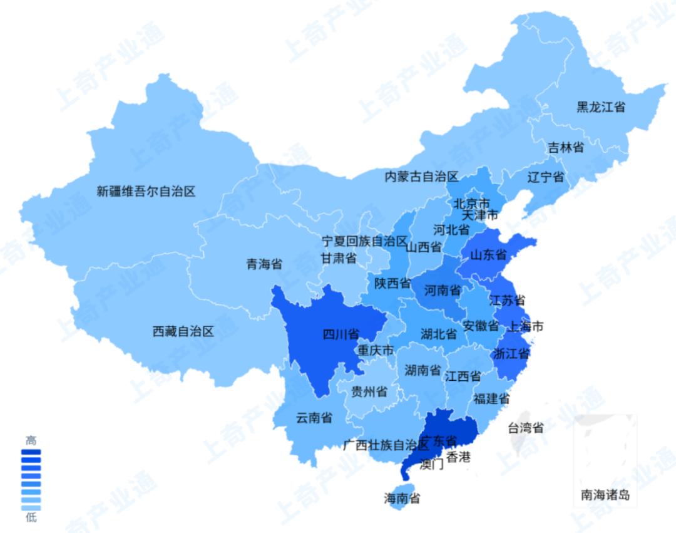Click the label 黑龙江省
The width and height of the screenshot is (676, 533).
click(601, 107)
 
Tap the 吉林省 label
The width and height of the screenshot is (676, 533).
click(566, 147)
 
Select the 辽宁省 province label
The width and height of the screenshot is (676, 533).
click(546, 177)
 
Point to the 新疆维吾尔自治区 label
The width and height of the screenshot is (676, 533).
click(146, 191)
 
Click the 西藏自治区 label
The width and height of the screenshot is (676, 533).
click(183, 331)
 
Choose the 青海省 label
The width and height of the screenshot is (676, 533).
click(264, 264)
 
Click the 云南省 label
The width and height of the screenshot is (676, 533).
click(314, 418)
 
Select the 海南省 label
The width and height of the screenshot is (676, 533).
click(402, 499)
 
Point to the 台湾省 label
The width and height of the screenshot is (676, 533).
click(525, 428)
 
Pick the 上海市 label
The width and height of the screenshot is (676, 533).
click(525, 326)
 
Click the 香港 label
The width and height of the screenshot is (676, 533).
click(458, 457)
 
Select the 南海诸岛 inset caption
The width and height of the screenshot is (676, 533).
click(605, 495)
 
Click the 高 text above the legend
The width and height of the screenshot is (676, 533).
click(31, 440)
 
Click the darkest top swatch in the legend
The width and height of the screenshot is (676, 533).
click(31, 452)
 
